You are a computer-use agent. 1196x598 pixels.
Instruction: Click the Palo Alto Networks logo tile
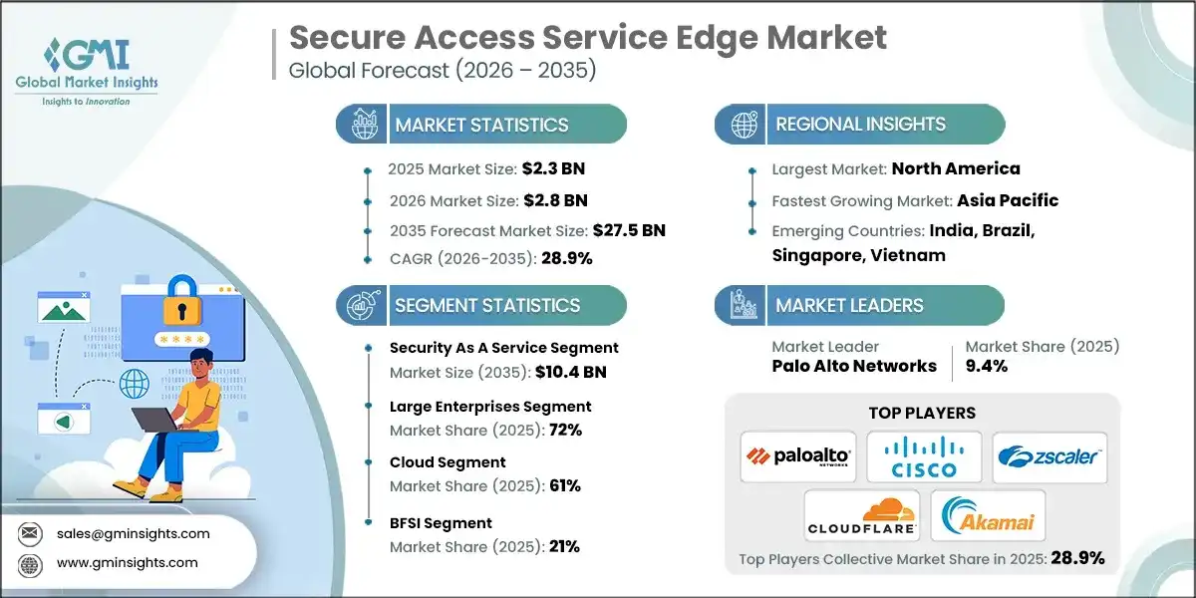(x=798, y=456)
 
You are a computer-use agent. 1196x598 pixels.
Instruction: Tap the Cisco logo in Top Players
(x=924, y=456)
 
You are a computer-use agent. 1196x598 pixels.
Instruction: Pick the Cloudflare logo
(x=861, y=515)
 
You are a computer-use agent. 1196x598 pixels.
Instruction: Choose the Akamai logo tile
(x=987, y=515)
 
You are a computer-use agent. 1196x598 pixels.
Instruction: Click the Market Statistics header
(x=481, y=125)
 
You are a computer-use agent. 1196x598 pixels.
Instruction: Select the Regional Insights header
(x=859, y=125)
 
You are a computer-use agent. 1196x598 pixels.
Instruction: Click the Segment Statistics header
(x=487, y=305)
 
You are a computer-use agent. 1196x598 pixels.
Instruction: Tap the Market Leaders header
(x=849, y=305)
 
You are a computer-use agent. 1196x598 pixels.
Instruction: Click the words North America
(x=955, y=168)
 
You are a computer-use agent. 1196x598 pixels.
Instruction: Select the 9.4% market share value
(x=987, y=366)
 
